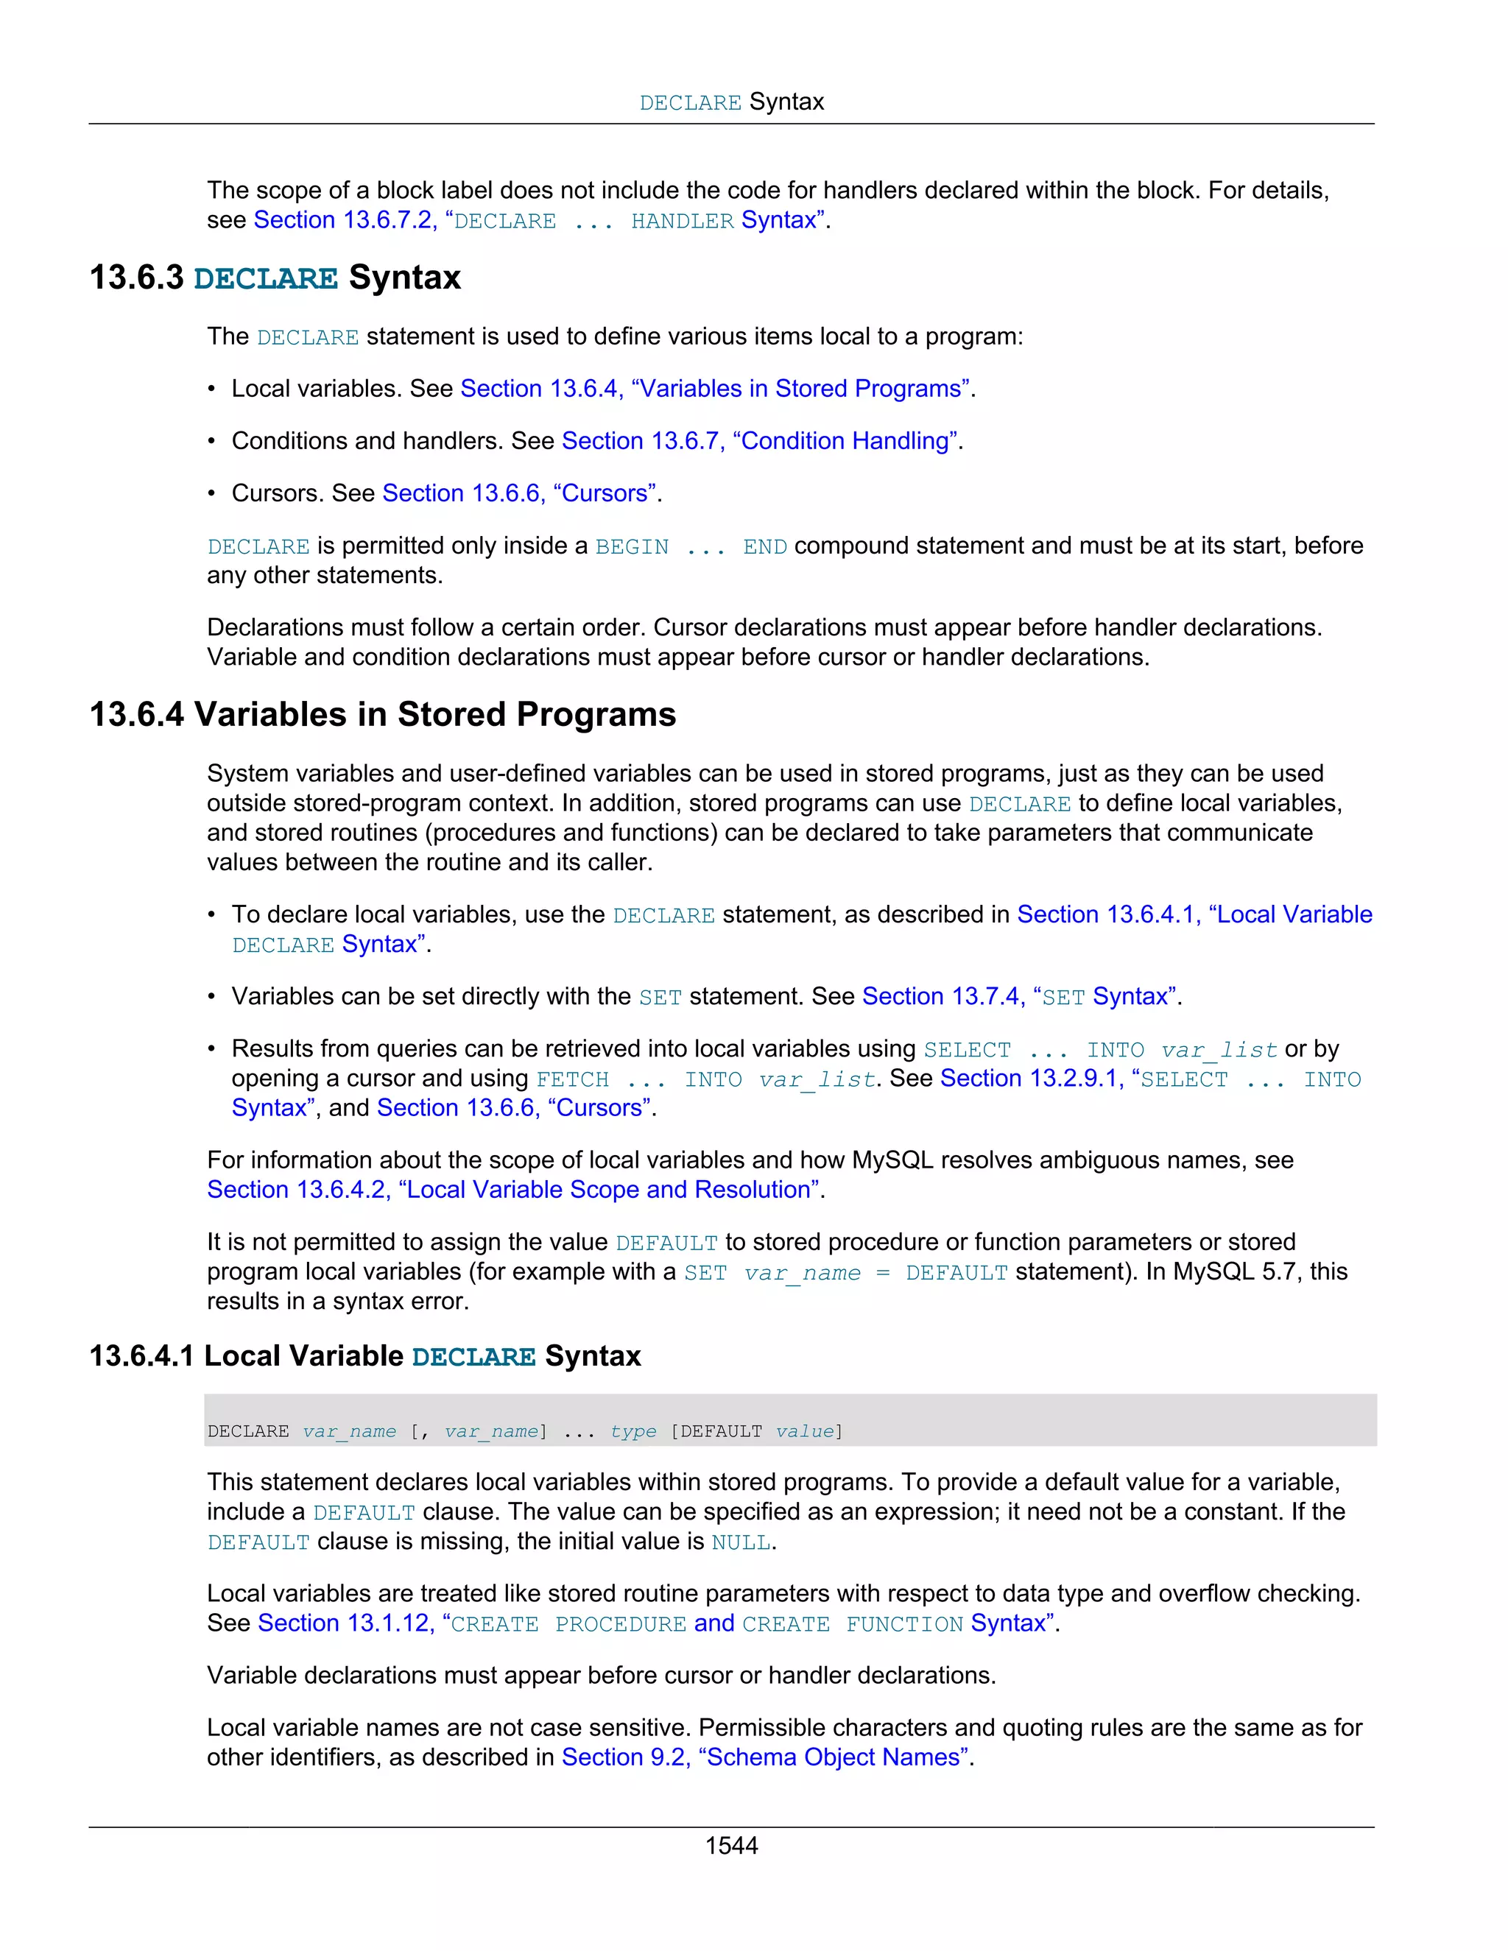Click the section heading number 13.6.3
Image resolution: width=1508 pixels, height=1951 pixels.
click(x=135, y=278)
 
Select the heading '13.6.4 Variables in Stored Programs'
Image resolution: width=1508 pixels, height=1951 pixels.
click(x=382, y=715)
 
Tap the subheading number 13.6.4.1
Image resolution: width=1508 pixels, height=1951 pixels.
click(x=141, y=1356)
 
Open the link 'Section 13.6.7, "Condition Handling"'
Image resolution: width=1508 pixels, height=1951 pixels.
click(x=761, y=441)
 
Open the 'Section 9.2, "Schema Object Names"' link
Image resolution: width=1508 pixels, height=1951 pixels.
click(x=765, y=1757)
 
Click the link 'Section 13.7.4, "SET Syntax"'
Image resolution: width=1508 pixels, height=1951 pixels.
click(x=1018, y=997)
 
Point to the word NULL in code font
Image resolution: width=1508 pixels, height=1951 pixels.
click(x=741, y=1542)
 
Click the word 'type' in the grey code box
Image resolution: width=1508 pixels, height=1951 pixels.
click(x=633, y=1432)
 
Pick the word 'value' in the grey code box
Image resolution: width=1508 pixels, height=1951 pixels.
click(x=804, y=1432)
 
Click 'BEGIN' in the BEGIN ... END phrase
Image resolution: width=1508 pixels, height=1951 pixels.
click(x=632, y=547)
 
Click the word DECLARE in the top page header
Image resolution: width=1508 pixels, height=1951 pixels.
click(x=690, y=104)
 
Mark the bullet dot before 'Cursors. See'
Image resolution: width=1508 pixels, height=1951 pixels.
click(x=212, y=494)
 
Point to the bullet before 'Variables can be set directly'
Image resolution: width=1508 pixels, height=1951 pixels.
click(x=212, y=997)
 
